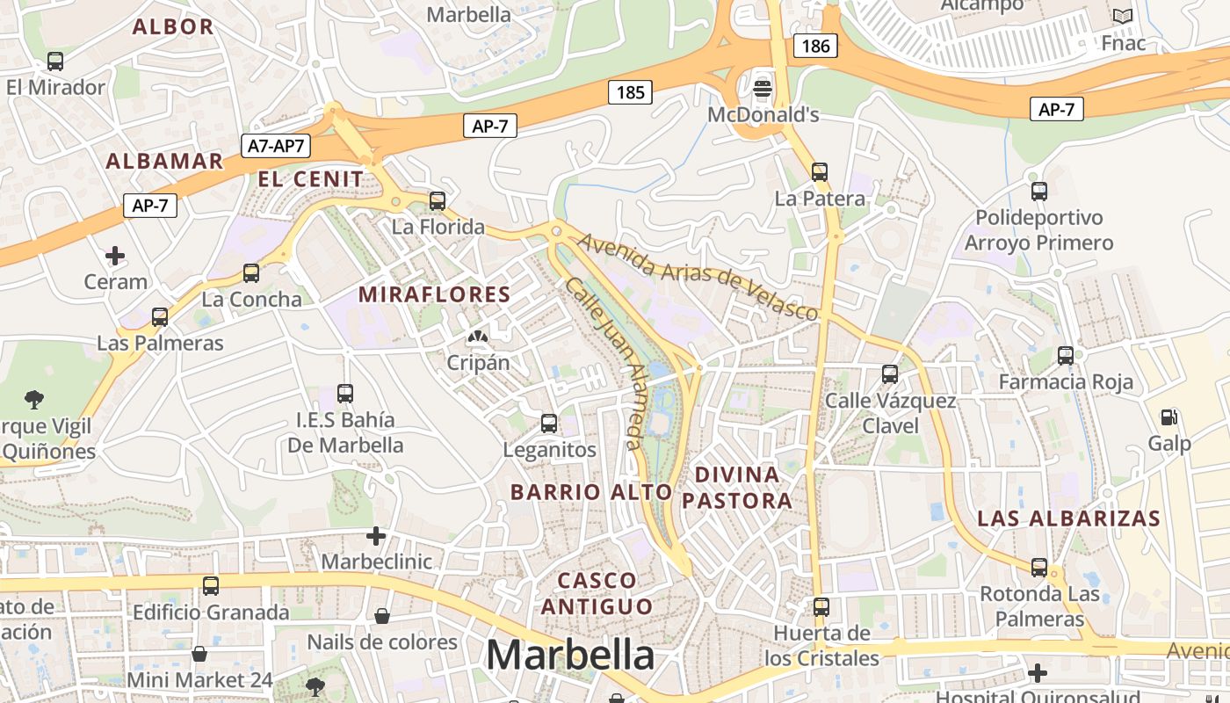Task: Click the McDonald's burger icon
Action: (x=763, y=88)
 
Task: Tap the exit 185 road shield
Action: (x=630, y=92)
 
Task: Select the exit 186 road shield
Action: (x=815, y=46)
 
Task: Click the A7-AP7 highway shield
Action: (x=276, y=146)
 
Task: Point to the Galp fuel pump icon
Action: (x=1169, y=417)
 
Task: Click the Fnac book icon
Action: (x=1122, y=17)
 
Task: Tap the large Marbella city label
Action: (x=570, y=655)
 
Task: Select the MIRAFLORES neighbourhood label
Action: (x=435, y=294)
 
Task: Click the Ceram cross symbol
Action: (x=115, y=256)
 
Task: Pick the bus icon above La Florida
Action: (x=438, y=200)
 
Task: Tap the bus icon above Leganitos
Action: (x=549, y=424)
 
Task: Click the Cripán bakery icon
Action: (x=478, y=337)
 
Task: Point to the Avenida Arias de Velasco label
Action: (x=698, y=275)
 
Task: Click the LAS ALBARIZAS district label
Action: (x=1069, y=518)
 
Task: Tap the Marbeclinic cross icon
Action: (x=376, y=535)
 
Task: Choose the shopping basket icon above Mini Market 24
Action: (x=199, y=654)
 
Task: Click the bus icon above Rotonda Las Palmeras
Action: (x=1039, y=568)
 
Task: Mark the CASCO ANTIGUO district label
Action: (x=597, y=593)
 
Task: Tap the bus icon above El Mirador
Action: (x=55, y=62)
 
